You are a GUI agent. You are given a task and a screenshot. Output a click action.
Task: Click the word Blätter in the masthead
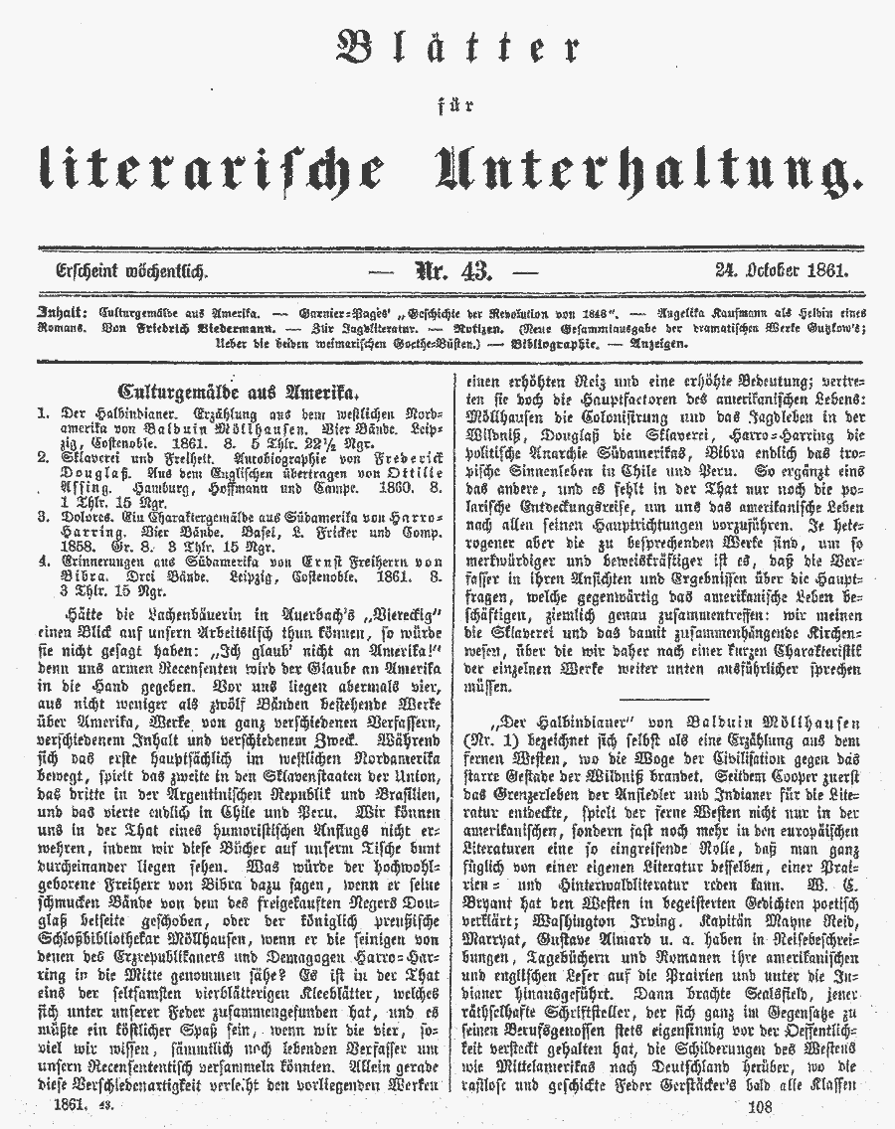tap(458, 50)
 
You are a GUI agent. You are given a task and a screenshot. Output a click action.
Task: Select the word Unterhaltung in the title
tap(646, 169)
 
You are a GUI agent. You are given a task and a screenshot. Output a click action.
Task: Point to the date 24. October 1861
tap(786, 269)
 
